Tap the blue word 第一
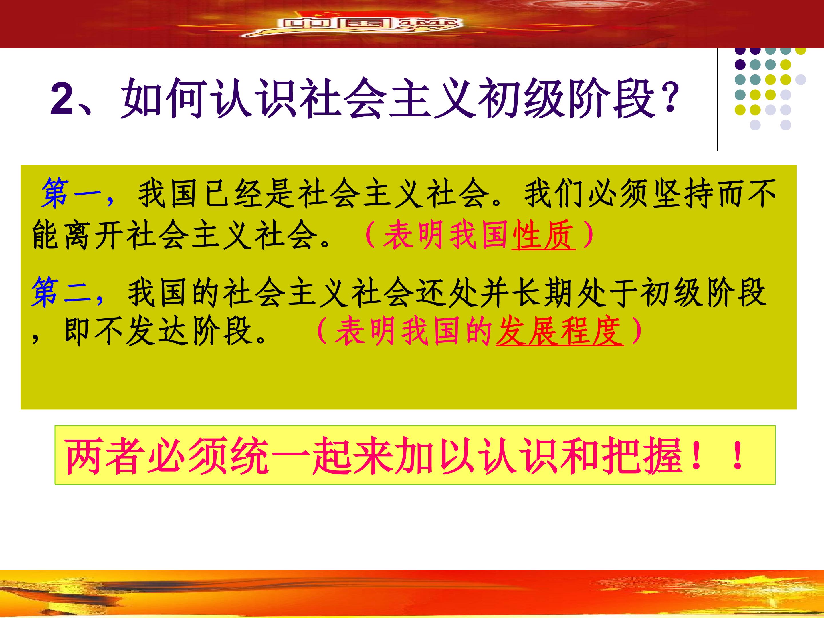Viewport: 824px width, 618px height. click(x=71, y=193)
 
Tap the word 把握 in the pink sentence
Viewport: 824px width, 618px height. click(x=642, y=456)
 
